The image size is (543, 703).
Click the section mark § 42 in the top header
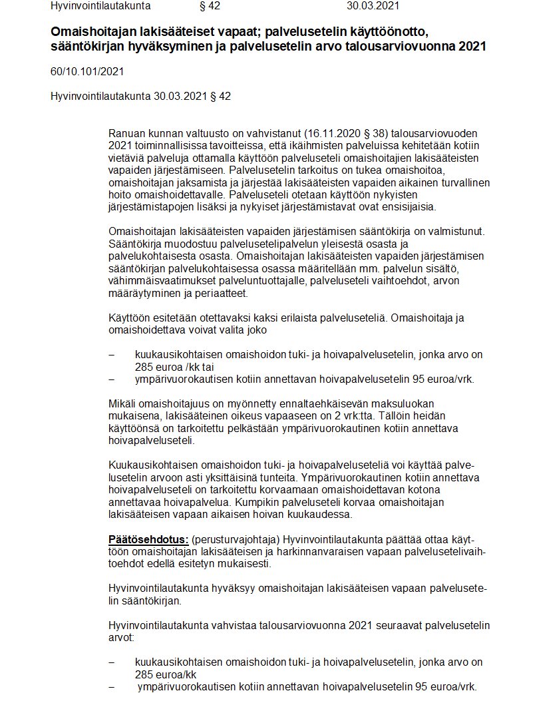pos(210,7)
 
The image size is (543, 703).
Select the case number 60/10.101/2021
pos(87,71)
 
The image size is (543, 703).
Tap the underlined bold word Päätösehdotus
pos(148,539)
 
